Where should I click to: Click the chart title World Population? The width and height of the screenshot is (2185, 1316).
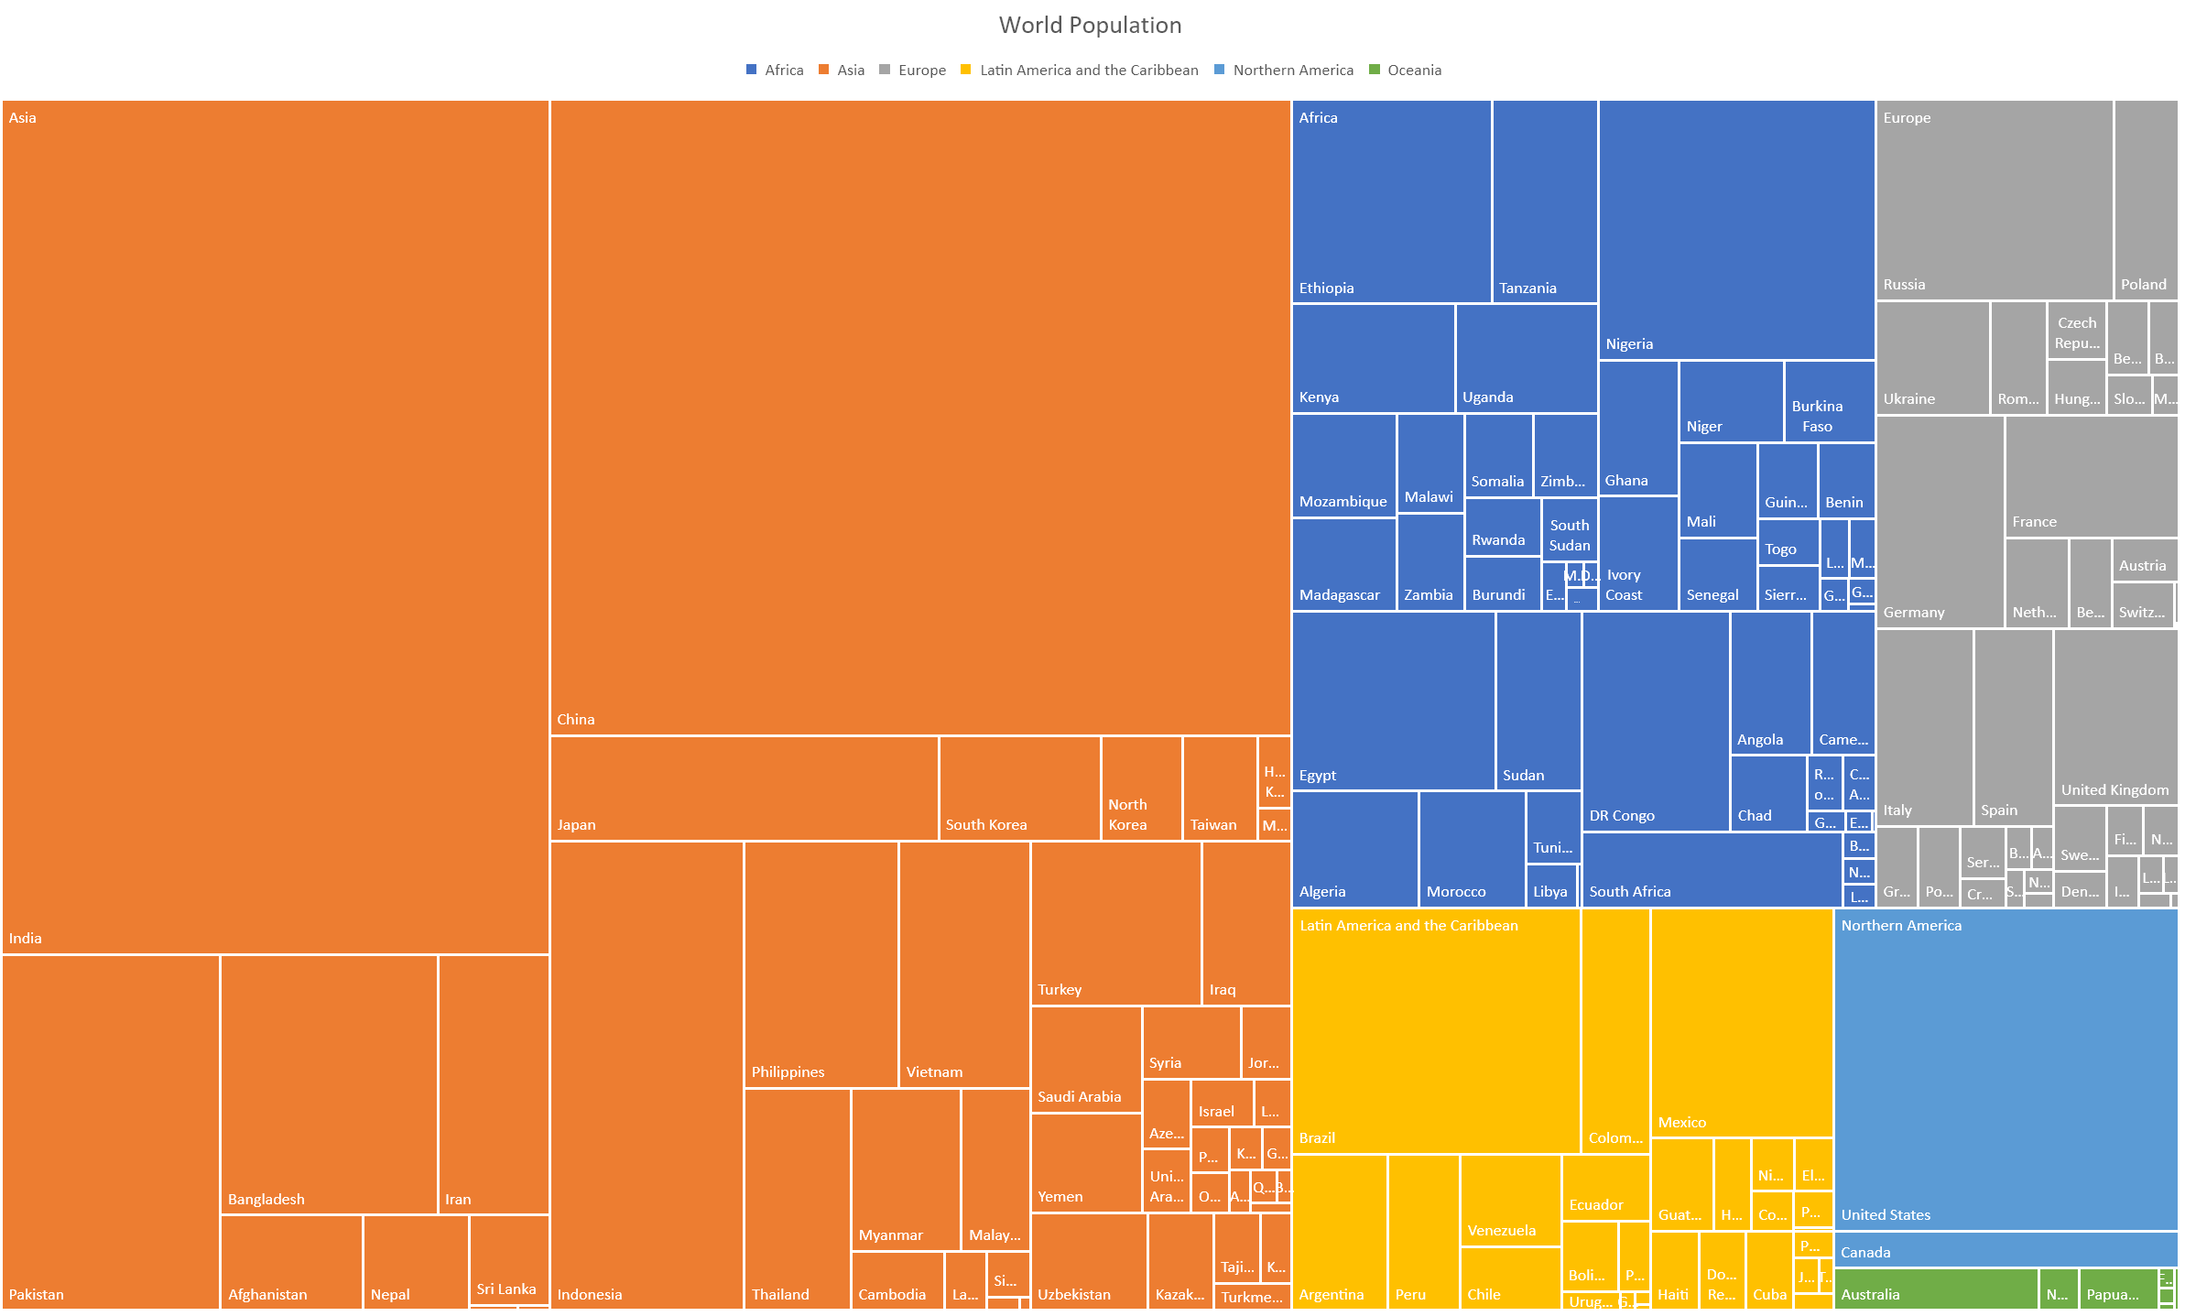(1090, 25)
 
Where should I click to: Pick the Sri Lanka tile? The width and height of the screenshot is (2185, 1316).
(508, 1259)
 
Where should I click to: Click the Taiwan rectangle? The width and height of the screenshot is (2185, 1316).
(1219, 788)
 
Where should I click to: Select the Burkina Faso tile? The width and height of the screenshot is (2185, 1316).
(1829, 401)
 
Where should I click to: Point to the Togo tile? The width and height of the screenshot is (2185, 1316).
(1788, 541)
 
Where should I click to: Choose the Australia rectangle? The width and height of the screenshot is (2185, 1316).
(1936, 1289)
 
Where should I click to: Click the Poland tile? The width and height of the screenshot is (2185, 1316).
(2145, 200)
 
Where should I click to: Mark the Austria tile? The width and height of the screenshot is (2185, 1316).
(2144, 560)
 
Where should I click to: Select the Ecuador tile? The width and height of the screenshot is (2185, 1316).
(1604, 1186)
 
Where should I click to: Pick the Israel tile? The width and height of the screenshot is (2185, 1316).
(1221, 1103)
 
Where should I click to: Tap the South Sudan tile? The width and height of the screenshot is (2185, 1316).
(1569, 528)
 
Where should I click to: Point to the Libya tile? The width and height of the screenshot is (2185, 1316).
(1551, 886)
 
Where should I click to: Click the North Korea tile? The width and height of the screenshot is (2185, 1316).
(1141, 788)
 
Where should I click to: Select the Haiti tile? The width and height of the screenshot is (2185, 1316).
(1674, 1271)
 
